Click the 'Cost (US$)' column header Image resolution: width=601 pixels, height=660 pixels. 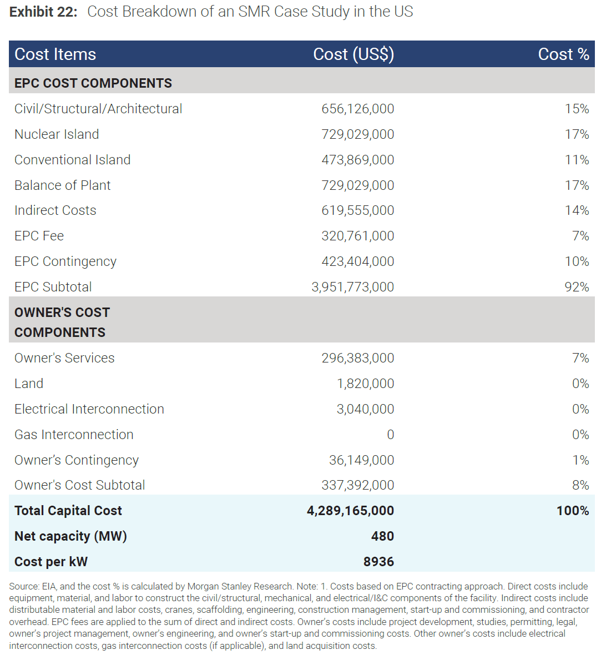(353, 54)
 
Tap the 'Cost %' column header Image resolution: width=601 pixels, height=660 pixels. (563, 54)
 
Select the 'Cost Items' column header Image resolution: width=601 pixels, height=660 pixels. (55, 54)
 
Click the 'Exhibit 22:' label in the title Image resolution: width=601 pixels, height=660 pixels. (43, 12)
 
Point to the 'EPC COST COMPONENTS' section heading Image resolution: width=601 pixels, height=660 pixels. (93, 83)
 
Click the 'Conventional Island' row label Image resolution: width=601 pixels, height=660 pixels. (73, 160)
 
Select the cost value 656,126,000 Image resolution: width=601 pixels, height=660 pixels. (358, 109)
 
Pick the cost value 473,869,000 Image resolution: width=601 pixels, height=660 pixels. (358, 160)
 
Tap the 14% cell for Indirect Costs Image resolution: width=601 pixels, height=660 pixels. (577, 210)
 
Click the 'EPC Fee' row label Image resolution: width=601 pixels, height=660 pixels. (39, 236)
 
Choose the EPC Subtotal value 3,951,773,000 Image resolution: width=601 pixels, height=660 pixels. (353, 287)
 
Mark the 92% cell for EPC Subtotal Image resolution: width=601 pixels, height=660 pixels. (577, 287)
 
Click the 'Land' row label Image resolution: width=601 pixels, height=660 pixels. (29, 384)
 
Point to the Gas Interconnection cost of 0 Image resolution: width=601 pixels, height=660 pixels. (390, 435)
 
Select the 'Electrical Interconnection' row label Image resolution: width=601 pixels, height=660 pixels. (89, 409)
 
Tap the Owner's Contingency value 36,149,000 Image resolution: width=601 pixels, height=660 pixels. (361, 460)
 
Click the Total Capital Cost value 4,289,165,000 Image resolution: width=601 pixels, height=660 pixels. (350, 511)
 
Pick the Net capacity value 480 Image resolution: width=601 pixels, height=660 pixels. (382, 536)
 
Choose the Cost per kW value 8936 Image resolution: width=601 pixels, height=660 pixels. (378, 562)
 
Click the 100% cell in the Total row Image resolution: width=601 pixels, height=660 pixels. (573, 511)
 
